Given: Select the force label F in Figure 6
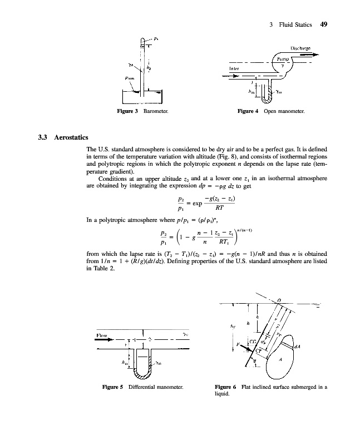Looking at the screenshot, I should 238,345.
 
